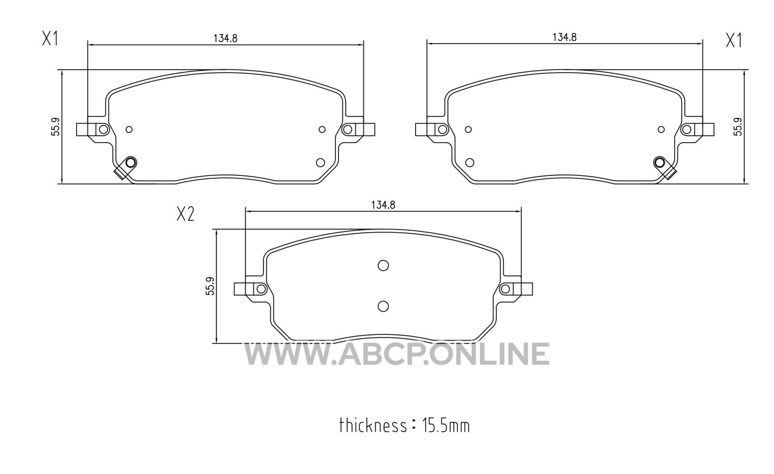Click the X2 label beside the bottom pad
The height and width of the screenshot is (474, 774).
pos(185,214)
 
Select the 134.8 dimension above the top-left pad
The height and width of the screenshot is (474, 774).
pos(226,38)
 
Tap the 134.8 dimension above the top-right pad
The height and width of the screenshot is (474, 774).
pos(565,37)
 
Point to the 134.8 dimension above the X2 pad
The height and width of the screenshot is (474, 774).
pos(383,205)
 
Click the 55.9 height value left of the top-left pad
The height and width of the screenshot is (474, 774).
pos(56,126)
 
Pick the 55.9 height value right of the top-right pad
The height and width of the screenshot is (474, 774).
pos(738,126)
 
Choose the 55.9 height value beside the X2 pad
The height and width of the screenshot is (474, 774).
pos(210,286)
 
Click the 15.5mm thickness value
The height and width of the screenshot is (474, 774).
pos(446,426)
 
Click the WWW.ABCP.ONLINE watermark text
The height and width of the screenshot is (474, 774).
pos(397,354)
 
